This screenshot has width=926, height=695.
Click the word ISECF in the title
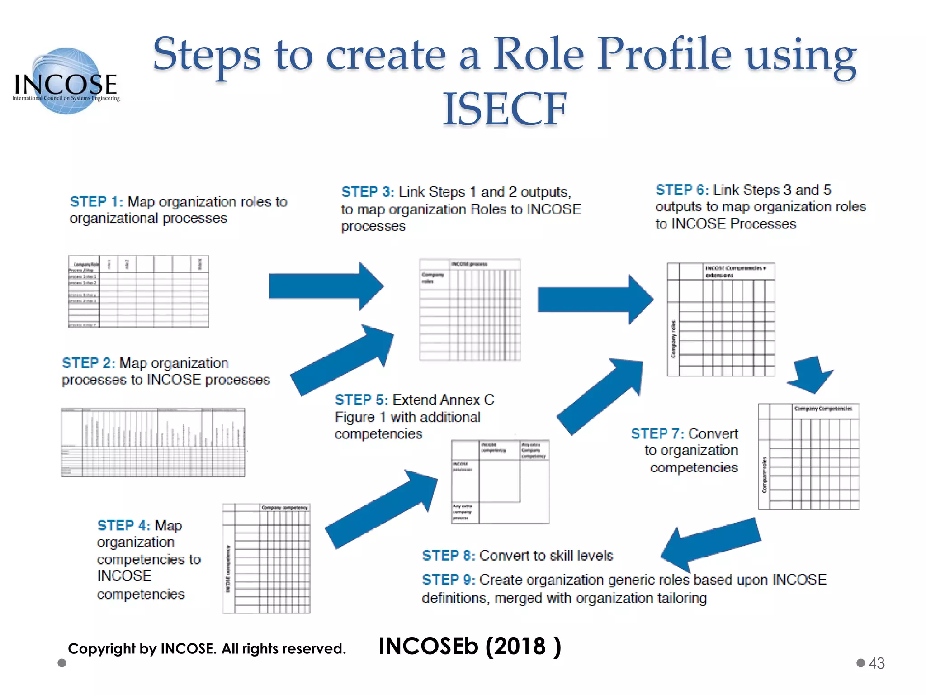coord(504,109)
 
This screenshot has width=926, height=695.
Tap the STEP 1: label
coord(96,202)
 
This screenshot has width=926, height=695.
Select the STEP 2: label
coord(89,363)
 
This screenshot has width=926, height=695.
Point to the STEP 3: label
coord(368,192)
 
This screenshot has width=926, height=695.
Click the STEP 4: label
coord(123,525)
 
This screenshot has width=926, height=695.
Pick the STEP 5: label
coord(361,400)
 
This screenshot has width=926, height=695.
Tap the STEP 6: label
coord(682,190)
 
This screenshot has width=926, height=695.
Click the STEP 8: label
coord(449,555)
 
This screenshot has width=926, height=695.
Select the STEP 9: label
coord(449,580)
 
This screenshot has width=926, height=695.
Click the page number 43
coord(876,663)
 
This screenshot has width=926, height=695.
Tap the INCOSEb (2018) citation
coord(469,646)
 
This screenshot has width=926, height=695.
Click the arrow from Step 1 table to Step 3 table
coord(326,286)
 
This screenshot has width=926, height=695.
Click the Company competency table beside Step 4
coord(266,558)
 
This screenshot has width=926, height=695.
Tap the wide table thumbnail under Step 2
coord(153,443)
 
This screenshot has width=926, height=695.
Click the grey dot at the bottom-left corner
coord(62,663)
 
